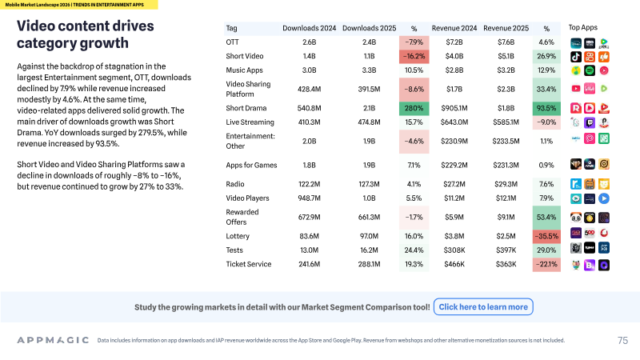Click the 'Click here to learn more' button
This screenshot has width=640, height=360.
483,307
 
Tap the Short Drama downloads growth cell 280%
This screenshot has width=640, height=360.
414,108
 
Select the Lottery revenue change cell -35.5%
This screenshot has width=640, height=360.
546,236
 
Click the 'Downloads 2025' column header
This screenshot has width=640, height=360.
369,28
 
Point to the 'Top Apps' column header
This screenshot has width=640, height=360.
583,27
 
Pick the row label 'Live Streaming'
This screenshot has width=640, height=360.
250,122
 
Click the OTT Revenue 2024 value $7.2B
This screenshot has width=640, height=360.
454,42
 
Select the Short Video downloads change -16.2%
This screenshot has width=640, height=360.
414,56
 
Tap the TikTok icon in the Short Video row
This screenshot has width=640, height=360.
576,57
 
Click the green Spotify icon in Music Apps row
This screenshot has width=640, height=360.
590,70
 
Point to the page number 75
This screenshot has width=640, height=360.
622,341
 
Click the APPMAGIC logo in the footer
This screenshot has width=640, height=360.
53,340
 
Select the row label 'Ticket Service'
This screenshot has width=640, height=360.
249,264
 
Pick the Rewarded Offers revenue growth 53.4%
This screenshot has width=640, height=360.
546,217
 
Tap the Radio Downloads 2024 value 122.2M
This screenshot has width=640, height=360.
309,184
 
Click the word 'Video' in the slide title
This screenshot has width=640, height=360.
37,26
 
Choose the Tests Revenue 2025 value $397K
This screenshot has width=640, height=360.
506,250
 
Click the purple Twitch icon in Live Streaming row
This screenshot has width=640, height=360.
590,122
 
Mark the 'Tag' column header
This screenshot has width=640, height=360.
231,28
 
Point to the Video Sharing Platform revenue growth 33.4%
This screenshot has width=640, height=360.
546,89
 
